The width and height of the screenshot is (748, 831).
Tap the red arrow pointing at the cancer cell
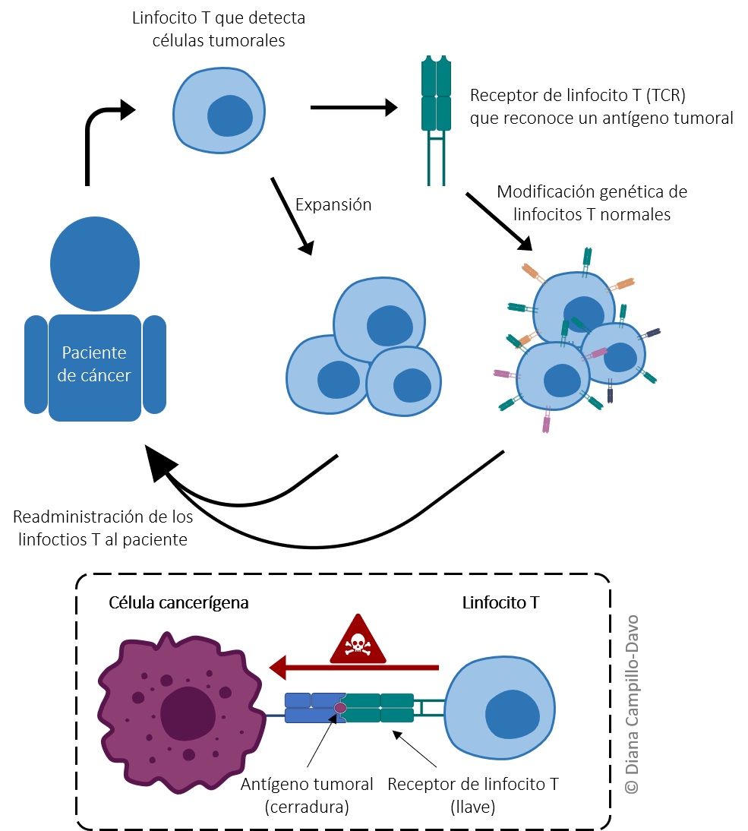(354, 667)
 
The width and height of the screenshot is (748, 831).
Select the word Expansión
(333, 204)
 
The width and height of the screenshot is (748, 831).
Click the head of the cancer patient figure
(95, 264)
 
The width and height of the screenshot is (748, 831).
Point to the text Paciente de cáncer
(94, 364)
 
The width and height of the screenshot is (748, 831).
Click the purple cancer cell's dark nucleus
(188, 713)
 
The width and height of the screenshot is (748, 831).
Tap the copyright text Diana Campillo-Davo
(632, 704)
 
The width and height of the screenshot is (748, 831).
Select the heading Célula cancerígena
(178, 602)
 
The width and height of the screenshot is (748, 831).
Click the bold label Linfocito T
(500, 602)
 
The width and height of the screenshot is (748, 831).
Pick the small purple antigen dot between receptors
(340, 708)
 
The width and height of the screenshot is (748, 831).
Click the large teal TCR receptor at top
(436, 120)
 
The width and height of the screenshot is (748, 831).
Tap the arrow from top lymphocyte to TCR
(354, 108)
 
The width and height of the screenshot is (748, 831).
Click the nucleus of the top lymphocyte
(229, 116)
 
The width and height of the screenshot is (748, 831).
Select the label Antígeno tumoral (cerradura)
(307, 795)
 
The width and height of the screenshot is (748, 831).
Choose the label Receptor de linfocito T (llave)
(473, 795)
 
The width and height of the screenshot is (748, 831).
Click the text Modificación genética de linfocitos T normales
(592, 203)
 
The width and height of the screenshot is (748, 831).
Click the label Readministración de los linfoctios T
(103, 528)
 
